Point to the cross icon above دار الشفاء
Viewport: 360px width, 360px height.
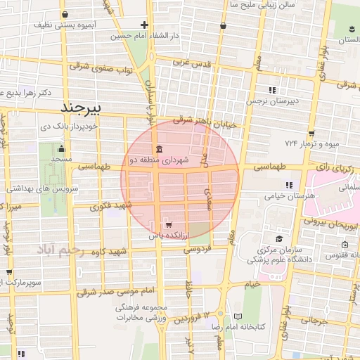pos(145,24)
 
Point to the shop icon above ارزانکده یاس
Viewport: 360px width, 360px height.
pos(167,225)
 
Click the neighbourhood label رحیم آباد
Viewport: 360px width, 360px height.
pos(61,250)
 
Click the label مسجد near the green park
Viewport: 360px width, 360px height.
pos(61,160)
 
